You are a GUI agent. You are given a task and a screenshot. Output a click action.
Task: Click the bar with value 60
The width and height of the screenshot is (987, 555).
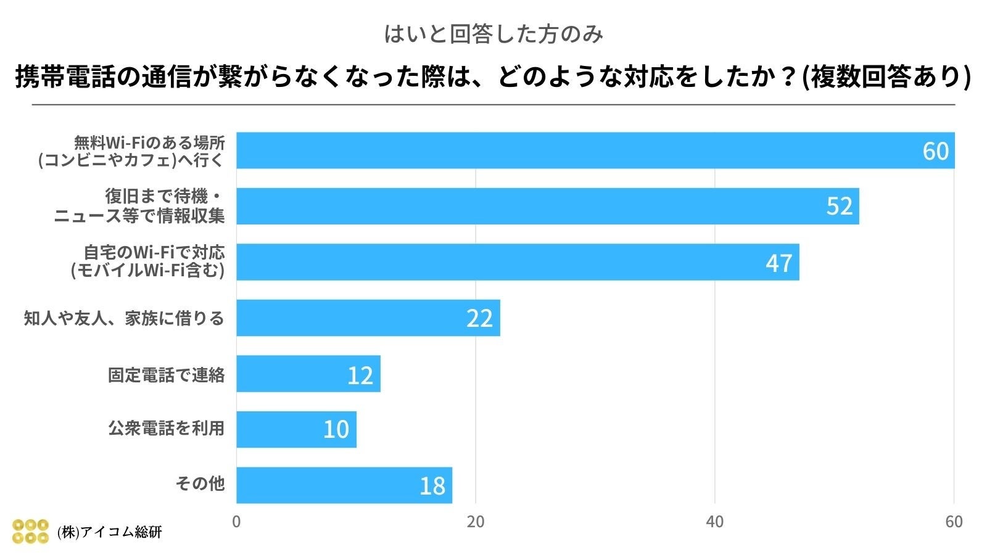[595, 150]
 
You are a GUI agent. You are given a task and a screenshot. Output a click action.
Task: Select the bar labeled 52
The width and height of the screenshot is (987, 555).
[547, 206]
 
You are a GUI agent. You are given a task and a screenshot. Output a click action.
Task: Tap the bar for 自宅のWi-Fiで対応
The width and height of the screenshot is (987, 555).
[518, 262]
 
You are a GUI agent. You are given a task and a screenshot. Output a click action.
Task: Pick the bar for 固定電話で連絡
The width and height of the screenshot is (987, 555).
[308, 374]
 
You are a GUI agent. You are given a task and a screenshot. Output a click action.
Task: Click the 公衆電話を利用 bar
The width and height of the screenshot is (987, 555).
[296, 429]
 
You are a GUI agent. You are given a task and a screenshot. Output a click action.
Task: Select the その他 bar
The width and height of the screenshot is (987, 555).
[344, 485]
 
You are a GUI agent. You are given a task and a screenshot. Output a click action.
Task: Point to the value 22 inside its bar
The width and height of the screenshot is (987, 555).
[479, 319]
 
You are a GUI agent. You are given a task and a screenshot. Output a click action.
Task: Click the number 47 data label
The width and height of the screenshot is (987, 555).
[778, 263]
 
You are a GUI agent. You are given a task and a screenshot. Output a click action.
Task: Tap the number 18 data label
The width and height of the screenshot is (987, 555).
[432, 487]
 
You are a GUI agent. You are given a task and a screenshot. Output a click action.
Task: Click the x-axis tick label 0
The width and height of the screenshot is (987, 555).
[236, 522]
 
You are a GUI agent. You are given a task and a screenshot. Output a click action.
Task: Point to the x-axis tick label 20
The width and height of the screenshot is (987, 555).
[475, 522]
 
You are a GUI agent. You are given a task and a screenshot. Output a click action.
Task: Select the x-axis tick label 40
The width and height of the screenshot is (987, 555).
[714, 522]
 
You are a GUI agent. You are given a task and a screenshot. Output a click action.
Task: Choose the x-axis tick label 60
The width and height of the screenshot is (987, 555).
[954, 522]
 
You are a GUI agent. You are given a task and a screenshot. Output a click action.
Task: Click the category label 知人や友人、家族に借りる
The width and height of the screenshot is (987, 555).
[124, 319]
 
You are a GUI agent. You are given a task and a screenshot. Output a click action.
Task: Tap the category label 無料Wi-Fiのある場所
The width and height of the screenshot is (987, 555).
[149, 142]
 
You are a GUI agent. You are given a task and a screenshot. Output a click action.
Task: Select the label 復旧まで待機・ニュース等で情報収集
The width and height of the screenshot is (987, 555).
[139, 206]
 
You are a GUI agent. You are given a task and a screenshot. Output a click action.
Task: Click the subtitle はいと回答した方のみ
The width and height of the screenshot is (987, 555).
[493, 34]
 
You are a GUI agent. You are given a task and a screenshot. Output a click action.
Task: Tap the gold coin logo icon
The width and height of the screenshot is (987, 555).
[30, 531]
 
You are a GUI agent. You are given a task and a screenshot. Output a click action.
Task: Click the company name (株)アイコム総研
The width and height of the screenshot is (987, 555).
[109, 532]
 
